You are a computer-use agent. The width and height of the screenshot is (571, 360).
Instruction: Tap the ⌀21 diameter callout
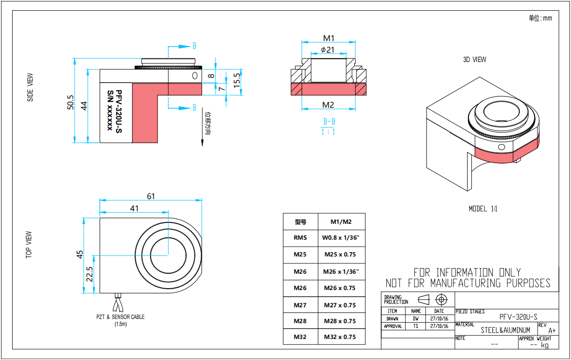click(328, 49)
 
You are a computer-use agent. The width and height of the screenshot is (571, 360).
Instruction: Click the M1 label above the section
click(329, 38)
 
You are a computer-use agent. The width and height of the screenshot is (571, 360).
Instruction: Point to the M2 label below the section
click(329, 104)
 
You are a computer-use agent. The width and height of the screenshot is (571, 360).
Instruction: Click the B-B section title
click(329, 122)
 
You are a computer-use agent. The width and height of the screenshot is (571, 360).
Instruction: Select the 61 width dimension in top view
click(151, 196)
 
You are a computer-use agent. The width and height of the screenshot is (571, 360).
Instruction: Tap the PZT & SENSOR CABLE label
click(121, 317)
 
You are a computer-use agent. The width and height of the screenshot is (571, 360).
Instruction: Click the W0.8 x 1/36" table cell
click(341, 238)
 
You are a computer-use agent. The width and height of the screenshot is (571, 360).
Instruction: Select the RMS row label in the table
click(300, 238)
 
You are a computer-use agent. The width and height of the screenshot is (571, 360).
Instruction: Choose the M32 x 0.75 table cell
click(341, 337)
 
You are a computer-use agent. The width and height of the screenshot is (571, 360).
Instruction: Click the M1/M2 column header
click(341, 222)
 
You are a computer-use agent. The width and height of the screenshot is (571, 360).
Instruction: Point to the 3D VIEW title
click(475, 60)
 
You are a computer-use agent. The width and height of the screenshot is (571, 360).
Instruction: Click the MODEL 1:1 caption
click(483, 209)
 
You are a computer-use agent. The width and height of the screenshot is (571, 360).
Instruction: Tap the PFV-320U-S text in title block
click(518, 317)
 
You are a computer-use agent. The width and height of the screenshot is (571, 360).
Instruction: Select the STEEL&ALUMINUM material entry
click(505, 330)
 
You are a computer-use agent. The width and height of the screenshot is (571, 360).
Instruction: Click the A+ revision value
click(552, 330)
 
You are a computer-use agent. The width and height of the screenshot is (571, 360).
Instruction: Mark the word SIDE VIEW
click(30, 87)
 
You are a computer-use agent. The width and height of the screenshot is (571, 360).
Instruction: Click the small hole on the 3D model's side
click(501, 147)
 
